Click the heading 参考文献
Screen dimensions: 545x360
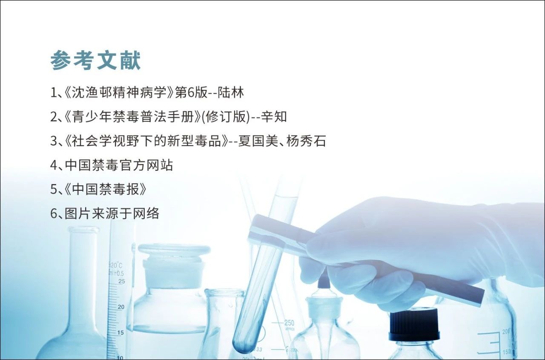tap(96, 60)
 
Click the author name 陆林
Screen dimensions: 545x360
tap(231, 92)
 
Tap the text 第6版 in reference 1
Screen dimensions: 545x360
tap(191, 92)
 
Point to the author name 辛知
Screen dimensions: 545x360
tap(274, 117)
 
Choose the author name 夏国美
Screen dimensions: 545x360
tap(258, 141)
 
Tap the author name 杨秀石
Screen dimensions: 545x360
tap(306, 141)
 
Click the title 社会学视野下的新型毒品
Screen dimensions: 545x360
tap(146, 141)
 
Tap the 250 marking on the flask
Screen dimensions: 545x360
tap(289, 323)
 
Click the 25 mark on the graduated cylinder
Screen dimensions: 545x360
tap(122, 281)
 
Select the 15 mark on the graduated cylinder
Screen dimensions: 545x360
tap(120, 332)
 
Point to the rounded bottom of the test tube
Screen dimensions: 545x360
tap(244, 344)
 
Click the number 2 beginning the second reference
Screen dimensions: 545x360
tap(53, 117)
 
